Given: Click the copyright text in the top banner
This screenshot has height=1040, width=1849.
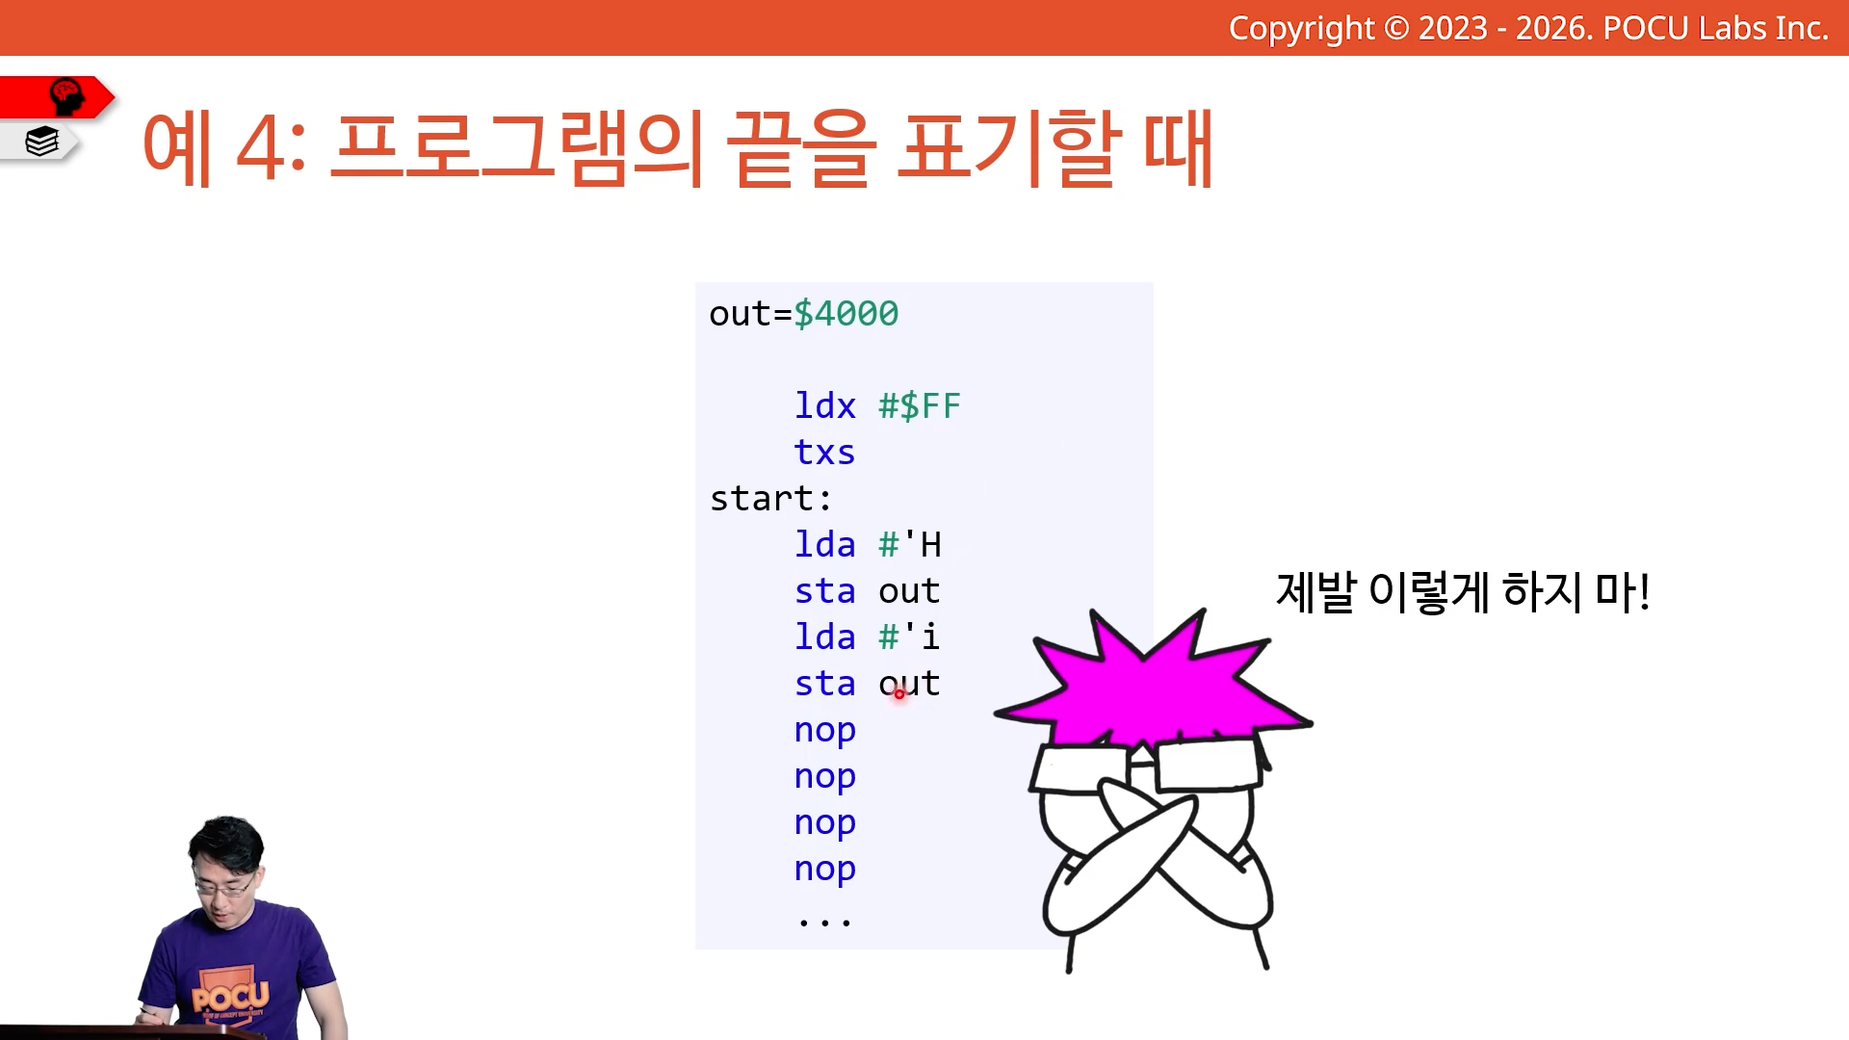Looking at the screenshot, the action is click(1528, 29).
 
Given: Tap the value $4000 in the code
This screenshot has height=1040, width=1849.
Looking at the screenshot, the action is click(846, 314).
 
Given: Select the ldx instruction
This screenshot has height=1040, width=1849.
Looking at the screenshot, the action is click(825, 405).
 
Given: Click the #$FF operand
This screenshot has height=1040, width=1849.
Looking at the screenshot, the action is click(920, 405).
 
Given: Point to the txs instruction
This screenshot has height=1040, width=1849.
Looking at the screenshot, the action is click(824, 453).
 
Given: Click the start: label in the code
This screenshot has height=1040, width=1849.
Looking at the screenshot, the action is click(770, 499).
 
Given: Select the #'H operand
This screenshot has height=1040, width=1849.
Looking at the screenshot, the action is click(910, 544).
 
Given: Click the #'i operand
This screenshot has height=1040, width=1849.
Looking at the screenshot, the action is click(909, 637).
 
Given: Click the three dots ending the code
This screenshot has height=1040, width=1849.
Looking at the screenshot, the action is click(825, 923).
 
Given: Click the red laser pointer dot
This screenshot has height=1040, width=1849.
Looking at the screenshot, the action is click(899, 693).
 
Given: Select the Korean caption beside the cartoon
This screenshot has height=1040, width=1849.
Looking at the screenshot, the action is click(1463, 591).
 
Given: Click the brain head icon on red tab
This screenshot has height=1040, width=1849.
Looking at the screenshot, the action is click(67, 96).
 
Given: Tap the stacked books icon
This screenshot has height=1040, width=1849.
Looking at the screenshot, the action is click(42, 142).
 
